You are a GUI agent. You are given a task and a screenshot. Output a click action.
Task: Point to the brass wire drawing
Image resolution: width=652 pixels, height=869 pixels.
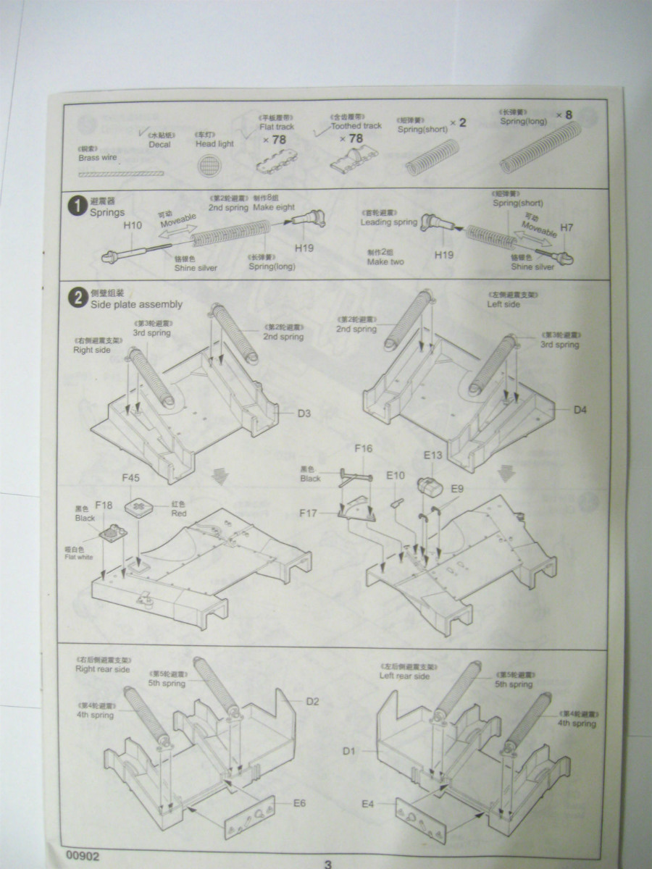coord(120,175)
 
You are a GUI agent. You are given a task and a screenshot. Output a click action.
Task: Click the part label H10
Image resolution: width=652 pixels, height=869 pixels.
coord(132,226)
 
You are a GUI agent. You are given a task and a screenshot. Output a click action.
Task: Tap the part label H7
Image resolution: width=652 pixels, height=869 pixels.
coord(567,228)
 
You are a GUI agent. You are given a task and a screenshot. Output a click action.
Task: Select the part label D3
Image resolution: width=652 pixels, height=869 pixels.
coord(304,413)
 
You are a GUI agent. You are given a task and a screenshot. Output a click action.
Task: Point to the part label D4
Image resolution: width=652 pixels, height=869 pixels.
coord(581,411)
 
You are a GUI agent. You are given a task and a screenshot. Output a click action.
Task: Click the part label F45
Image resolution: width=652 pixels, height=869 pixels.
coord(130,479)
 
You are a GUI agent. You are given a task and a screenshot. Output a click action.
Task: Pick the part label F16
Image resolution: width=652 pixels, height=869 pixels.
coord(363,449)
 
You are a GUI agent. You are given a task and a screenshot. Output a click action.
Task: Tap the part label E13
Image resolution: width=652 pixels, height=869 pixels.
coord(432,456)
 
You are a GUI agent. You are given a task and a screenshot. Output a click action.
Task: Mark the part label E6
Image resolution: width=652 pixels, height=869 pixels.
coord(300,803)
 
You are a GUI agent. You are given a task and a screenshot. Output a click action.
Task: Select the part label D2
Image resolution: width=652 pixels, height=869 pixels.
coord(313,701)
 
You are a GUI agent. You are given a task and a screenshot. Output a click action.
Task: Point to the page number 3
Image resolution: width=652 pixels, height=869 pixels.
coord(327,864)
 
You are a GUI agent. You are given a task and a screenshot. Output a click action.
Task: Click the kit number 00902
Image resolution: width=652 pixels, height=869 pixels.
coord(82,856)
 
